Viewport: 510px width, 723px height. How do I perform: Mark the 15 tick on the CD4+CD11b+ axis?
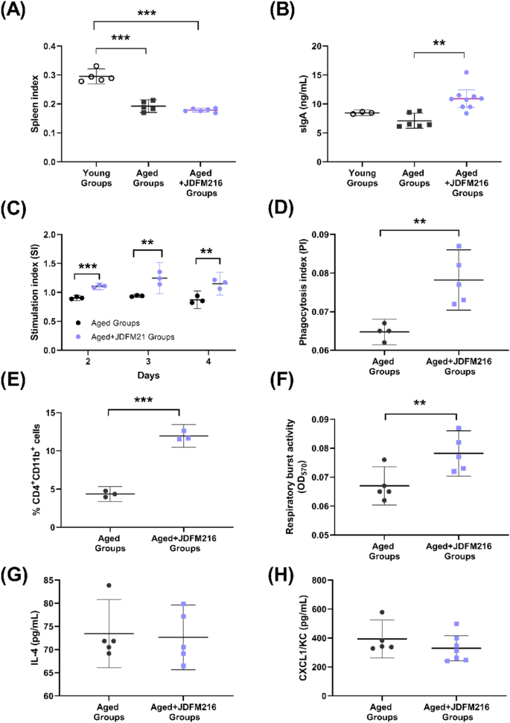click(x=74, y=413)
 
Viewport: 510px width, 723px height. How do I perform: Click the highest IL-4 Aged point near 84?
click(x=109, y=585)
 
